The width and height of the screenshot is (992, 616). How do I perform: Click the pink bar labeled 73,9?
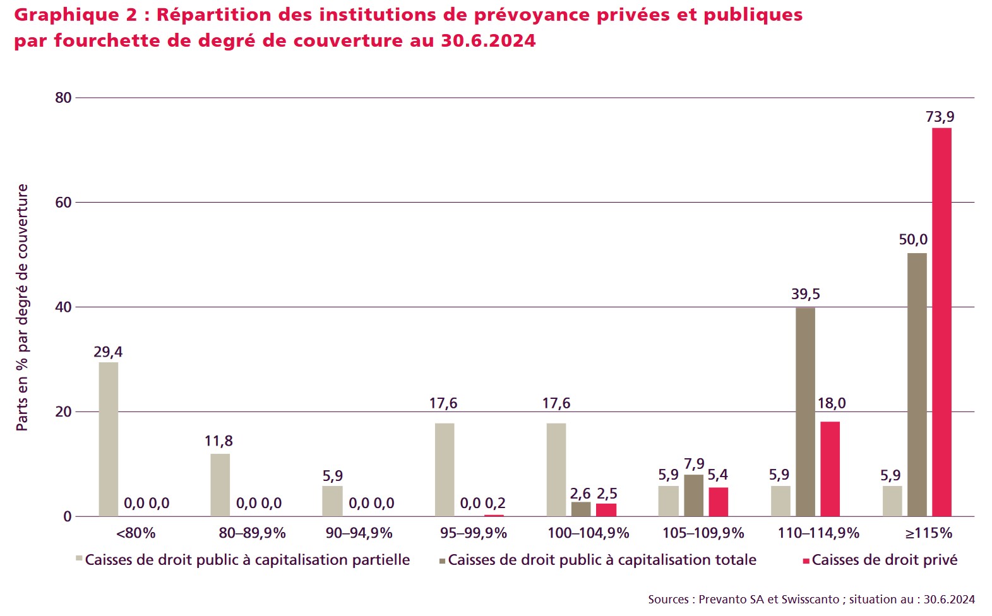pyautogui.click(x=941, y=322)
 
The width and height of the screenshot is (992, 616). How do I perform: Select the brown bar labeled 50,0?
pyautogui.click(x=917, y=384)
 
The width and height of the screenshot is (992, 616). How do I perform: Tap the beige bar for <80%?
pyautogui.click(x=109, y=439)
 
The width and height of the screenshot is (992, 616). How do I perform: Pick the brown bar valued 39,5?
pyautogui.click(x=805, y=412)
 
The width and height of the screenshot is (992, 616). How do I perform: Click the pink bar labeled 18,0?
pyautogui.click(x=830, y=469)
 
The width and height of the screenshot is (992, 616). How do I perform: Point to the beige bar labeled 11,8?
pyautogui.click(x=220, y=485)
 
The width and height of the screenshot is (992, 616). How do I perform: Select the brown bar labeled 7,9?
pyautogui.click(x=693, y=495)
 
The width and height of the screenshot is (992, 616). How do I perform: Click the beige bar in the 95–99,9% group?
pyautogui.click(x=445, y=470)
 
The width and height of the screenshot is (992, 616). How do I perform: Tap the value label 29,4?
pyautogui.click(x=108, y=352)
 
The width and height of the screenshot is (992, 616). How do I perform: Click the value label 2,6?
pyautogui.click(x=580, y=494)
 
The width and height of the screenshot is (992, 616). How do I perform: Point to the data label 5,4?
pyautogui.click(x=718, y=475)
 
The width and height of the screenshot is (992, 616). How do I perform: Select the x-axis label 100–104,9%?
pyautogui.click(x=588, y=533)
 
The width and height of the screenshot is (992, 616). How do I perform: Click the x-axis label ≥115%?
pyautogui.click(x=928, y=533)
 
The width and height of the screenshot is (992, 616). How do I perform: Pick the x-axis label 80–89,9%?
pyautogui.click(x=252, y=533)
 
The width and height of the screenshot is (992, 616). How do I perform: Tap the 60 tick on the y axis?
pyautogui.click(x=63, y=203)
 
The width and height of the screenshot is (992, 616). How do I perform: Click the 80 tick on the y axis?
pyautogui.click(x=63, y=98)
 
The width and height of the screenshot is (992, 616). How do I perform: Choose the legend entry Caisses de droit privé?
pyautogui.click(x=884, y=560)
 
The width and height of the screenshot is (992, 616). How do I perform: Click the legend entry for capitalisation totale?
pyautogui.click(x=601, y=560)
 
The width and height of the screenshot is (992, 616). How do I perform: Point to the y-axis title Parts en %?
pyautogui.click(x=23, y=307)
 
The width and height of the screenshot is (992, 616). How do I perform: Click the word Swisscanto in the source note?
pyautogui.click(x=811, y=600)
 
